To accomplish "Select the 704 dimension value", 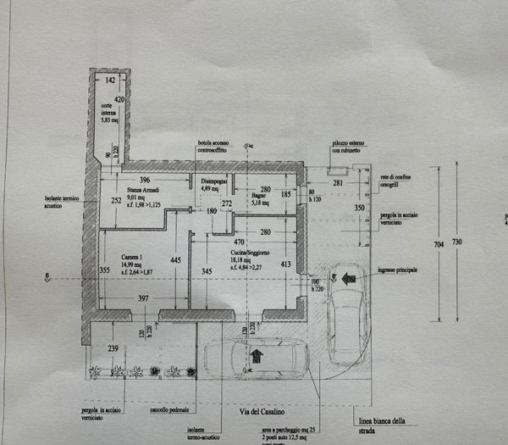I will tap(438, 244).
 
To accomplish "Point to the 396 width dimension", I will tap(145, 180).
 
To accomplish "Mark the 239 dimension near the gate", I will tap(113, 348).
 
